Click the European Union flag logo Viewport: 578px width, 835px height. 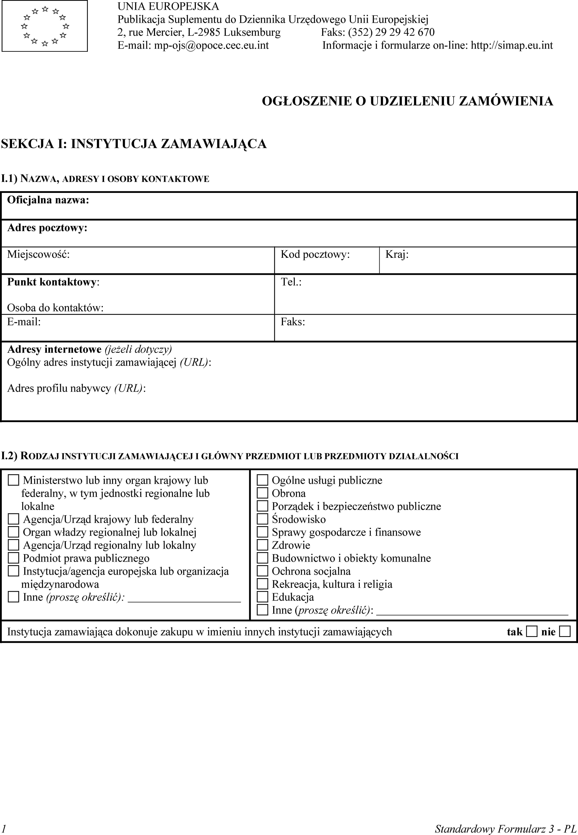pyautogui.click(x=45, y=26)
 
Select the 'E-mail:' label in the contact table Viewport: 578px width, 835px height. pyautogui.click(x=24, y=322)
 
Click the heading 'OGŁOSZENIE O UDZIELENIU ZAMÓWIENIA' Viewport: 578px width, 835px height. pyautogui.click(x=407, y=101)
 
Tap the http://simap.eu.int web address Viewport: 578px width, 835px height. pyautogui.click(x=512, y=45)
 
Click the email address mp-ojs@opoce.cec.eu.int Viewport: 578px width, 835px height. pyautogui.click(x=212, y=45)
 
